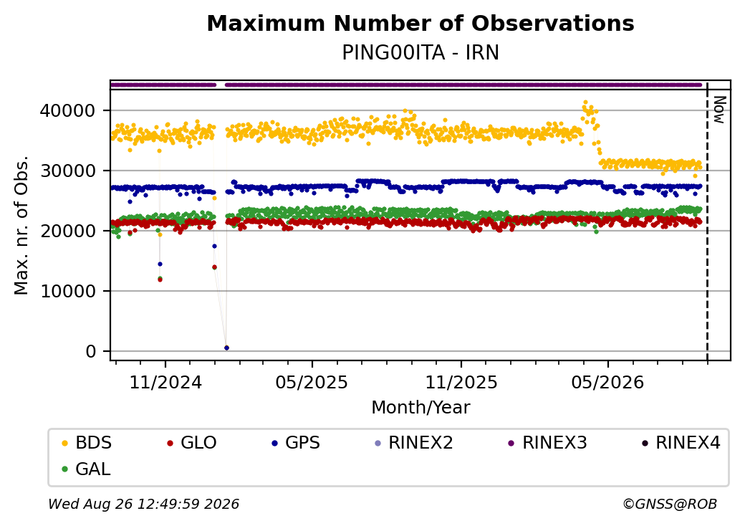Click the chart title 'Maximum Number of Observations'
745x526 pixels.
coord(420,23)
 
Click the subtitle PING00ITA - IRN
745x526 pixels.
coord(420,53)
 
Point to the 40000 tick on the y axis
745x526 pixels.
coord(68,110)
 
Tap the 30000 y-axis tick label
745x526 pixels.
coord(68,171)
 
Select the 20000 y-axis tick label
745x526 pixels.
coord(68,231)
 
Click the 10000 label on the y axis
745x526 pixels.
coord(68,291)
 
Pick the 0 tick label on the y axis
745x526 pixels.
coord(91,351)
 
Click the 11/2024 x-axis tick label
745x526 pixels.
coord(165,382)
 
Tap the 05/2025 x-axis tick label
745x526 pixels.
coord(312,382)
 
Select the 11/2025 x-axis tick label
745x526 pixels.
coord(461,382)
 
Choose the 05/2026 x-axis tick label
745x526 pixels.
coord(607,382)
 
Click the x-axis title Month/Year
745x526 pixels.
coord(420,407)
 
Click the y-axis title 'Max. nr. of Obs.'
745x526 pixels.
coord(21,225)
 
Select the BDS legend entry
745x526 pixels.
coord(87,443)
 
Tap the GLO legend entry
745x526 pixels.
coord(191,443)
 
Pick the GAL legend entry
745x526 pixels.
coord(87,469)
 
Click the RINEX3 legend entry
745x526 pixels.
coord(547,443)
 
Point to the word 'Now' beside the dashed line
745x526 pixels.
coord(719,110)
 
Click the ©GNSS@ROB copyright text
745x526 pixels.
coord(670,504)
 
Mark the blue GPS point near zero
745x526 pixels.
coord(226,348)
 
